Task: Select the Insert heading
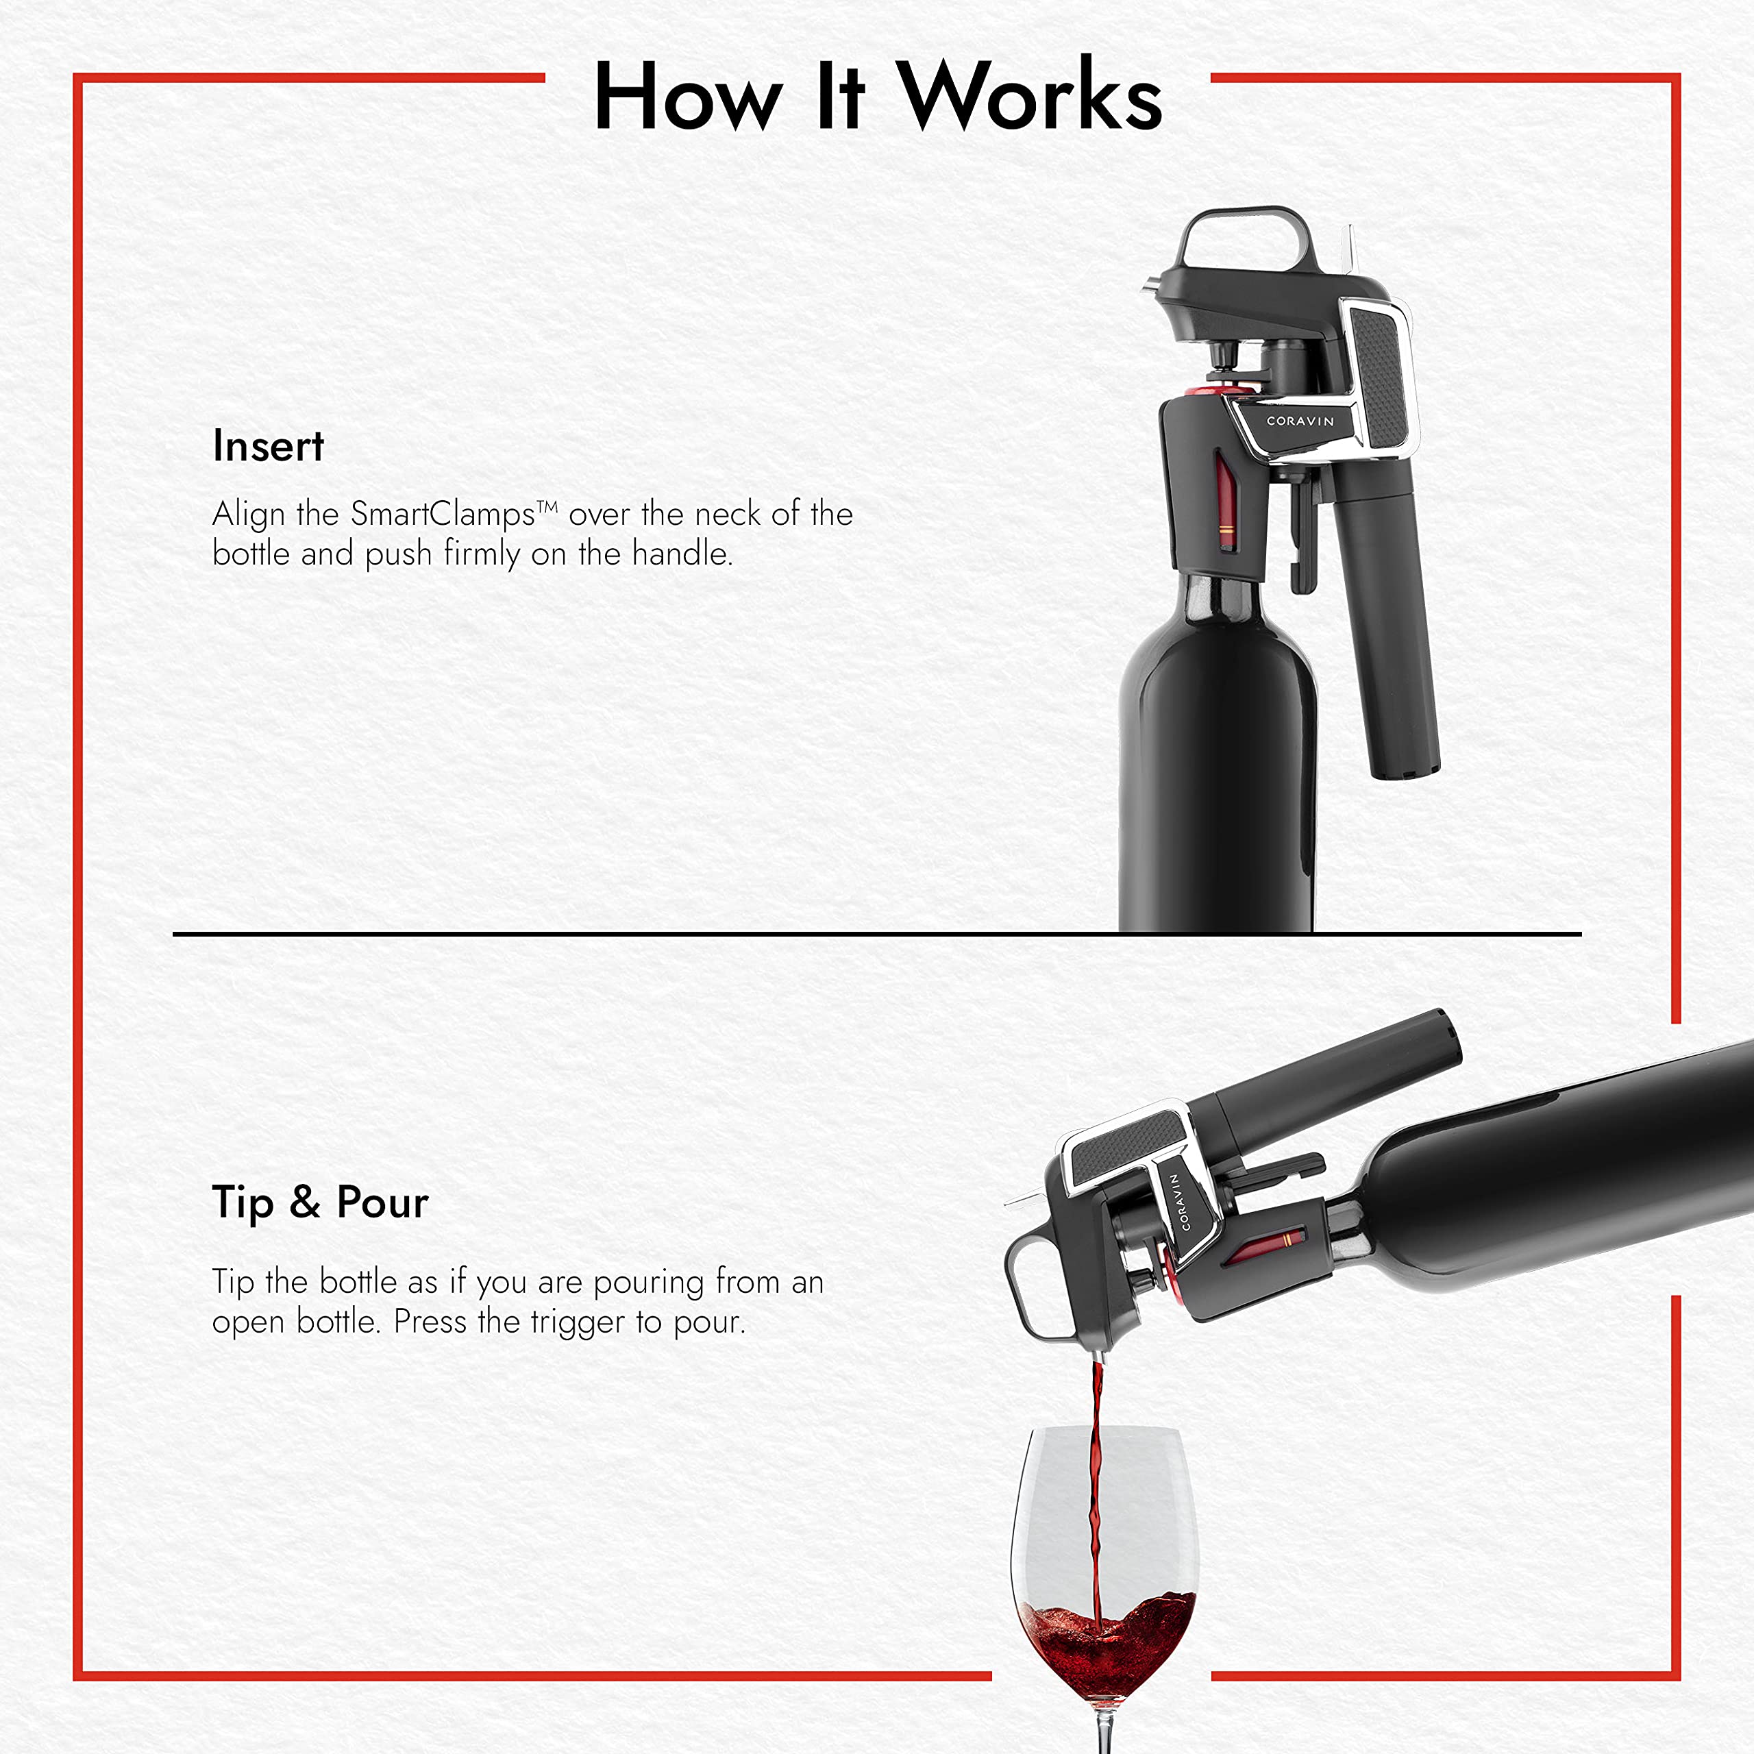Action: click(x=268, y=447)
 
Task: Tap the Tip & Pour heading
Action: click(x=319, y=1203)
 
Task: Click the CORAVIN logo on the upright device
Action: click(x=1300, y=421)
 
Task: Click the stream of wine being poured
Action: click(x=1096, y=1489)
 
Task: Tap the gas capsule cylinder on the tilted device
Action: click(x=1335, y=1080)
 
